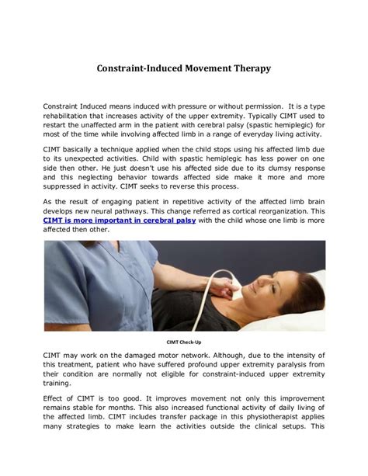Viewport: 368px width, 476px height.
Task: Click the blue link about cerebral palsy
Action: (x=119, y=221)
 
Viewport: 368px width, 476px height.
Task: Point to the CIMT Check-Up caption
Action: (x=183, y=341)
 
